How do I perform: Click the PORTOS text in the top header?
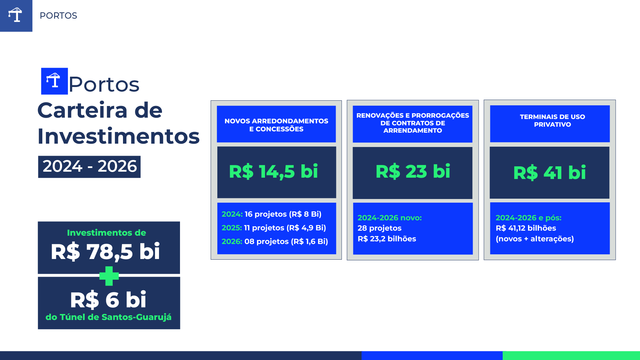58,16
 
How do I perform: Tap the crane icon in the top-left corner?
15,15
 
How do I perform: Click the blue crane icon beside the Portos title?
54,81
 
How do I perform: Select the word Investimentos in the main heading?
118,136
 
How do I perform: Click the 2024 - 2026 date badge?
89,167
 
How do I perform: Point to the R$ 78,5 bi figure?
105,251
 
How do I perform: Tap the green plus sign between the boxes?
109,276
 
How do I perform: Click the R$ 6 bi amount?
108,300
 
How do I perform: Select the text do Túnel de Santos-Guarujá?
109,317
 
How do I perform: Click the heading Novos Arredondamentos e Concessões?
276,125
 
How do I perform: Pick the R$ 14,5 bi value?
273,172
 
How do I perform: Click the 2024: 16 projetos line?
272,214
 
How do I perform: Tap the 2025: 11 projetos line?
274,228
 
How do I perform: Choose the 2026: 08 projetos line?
275,241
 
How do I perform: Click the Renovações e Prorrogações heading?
413,123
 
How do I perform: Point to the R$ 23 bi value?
413,172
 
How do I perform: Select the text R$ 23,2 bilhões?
387,239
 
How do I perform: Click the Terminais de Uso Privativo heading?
552,121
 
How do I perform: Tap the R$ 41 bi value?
549,173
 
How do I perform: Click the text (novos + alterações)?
535,239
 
